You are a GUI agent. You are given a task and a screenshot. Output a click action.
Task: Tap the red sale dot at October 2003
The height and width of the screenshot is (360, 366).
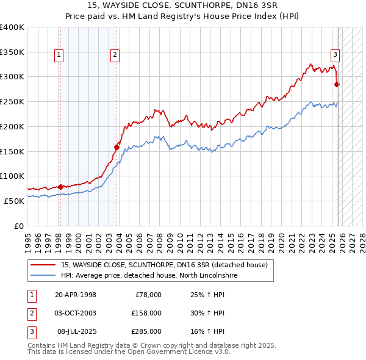[x=117, y=146]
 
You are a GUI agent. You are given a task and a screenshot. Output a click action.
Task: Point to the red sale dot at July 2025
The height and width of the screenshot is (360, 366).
[x=337, y=84]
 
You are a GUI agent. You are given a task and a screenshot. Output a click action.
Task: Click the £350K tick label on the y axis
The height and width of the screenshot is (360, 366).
[x=12, y=52]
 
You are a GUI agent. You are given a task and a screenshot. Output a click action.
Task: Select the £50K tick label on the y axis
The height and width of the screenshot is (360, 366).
[x=14, y=200]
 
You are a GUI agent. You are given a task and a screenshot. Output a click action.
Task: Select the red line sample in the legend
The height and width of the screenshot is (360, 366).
[x=43, y=265]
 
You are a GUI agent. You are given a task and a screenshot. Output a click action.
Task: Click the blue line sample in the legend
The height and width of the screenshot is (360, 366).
[x=43, y=275]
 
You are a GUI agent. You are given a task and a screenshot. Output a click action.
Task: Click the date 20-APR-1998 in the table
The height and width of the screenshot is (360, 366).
[x=76, y=295]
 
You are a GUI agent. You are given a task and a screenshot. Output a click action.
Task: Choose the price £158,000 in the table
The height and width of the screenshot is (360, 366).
[x=147, y=313]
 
